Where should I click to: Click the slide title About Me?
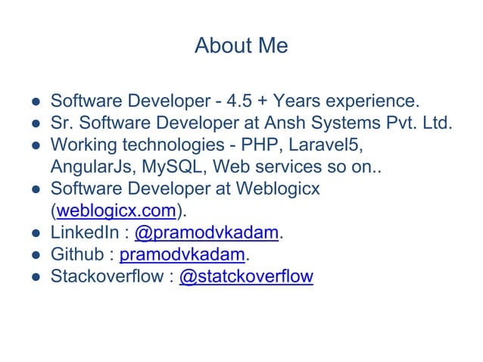pyautogui.click(x=241, y=46)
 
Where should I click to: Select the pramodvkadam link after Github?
pyautogui.click(x=182, y=254)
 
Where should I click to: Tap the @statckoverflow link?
pyautogui.click(x=245, y=276)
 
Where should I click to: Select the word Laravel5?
pyautogui.click(x=324, y=145)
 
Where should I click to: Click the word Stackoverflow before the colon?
pyautogui.click(x=105, y=276)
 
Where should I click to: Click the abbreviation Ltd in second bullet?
pyautogui.click(x=437, y=123)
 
